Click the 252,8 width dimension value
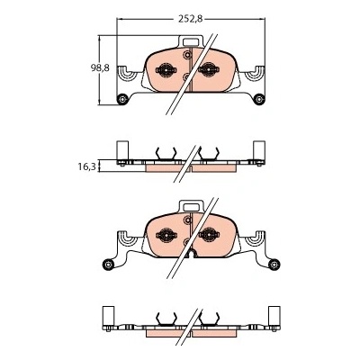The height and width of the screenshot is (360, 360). (191, 19)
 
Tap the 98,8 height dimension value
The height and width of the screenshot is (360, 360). (100, 68)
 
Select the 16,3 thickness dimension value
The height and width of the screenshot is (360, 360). (86, 166)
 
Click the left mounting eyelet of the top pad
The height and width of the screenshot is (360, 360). (122, 99)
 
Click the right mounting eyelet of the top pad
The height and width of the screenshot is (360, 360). (259, 99)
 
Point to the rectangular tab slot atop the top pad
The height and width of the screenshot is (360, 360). (191, 42)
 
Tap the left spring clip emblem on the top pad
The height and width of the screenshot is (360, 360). (166, 70)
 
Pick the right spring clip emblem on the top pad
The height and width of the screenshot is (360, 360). (209, 70)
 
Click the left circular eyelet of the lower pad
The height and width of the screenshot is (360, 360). (108, 265)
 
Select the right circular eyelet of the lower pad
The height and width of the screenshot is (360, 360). (274, 265)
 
